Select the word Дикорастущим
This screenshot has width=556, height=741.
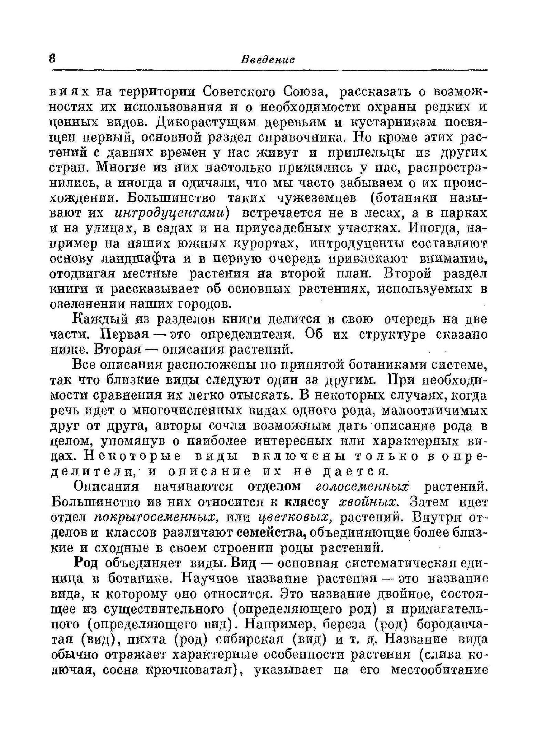(x=206, y=122)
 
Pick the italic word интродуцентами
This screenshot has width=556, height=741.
(x=172, y=213)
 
